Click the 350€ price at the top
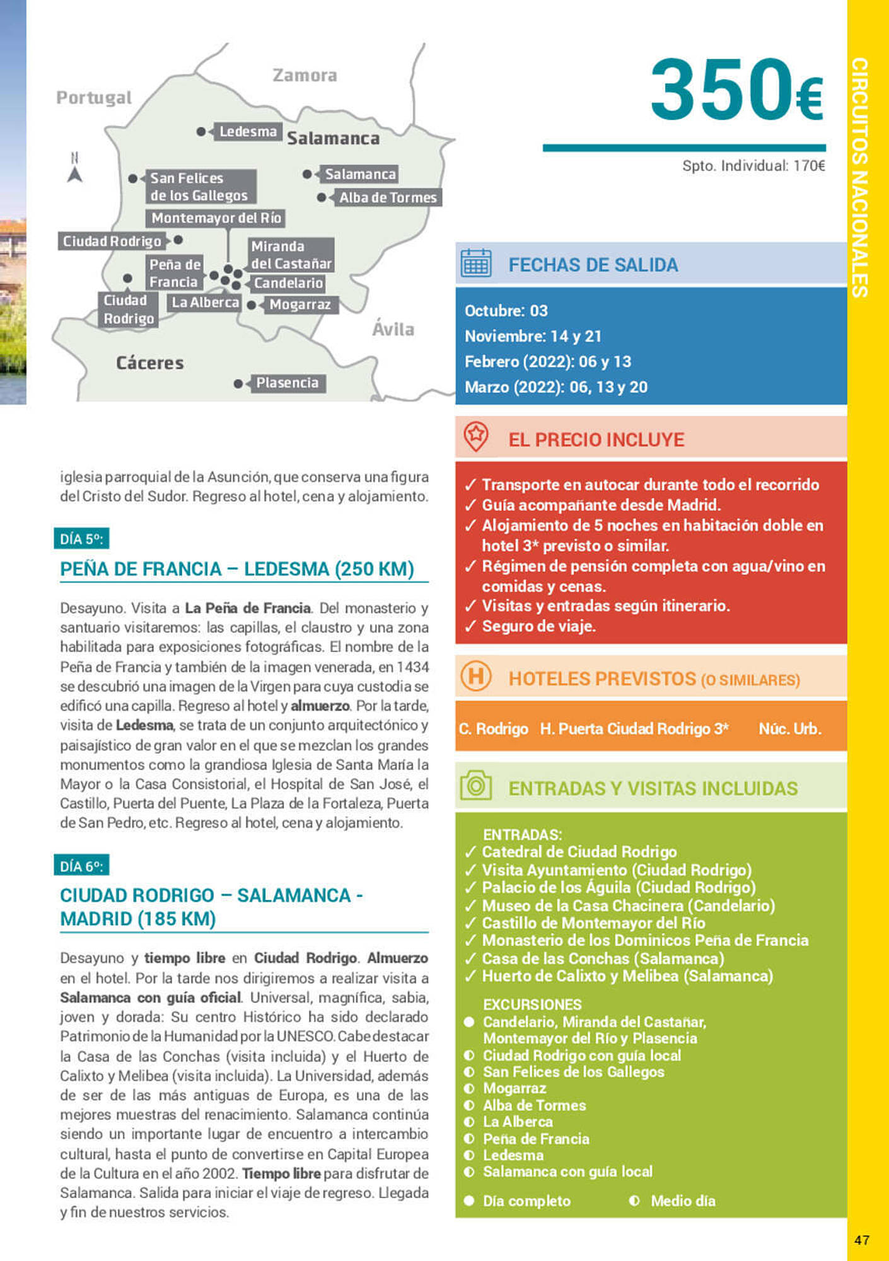[736, 90]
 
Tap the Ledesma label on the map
[248, 132]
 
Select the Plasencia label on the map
[287, 383]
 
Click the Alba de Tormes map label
[387, 197]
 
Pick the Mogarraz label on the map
[299, 305]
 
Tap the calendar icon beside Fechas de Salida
[475, 264]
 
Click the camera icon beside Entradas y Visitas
[475, 786]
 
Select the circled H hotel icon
[475, 677]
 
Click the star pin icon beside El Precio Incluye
[475, 436]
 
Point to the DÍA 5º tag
[81, 539]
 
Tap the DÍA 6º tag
[81, 866]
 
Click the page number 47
[861, 1240]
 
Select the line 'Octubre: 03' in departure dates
[506, 311]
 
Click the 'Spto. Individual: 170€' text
[753, 166]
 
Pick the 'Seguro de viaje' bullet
[538, 626]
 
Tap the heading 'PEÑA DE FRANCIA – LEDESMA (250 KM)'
[237, 569]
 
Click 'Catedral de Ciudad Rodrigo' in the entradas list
[579, 852]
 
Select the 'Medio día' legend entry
[682, 1201]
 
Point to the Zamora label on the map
[305, 76]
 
